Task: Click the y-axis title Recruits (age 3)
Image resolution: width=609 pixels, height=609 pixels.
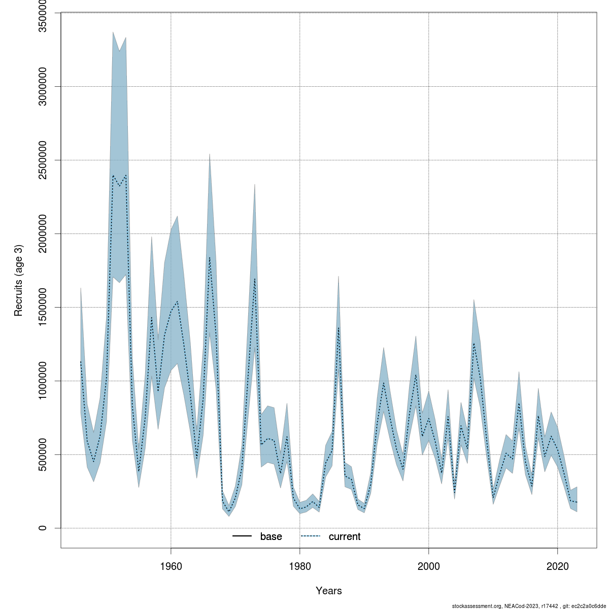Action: [18, 281]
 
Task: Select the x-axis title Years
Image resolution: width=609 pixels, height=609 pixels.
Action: [329, 591]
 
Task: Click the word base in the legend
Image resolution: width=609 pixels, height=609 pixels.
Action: [271, 536]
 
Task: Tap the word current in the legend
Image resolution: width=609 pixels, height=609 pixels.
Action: [345, 536]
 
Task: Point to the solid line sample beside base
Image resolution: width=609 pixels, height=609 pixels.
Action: [242, 536]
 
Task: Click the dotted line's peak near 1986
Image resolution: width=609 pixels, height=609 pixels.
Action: [339, 328]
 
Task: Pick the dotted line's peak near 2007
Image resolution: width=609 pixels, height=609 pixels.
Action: [474, 344]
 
